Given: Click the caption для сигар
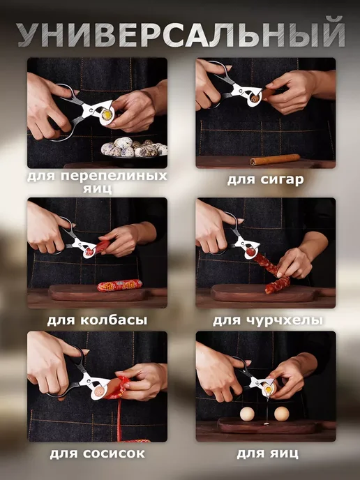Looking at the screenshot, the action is [x=265, y=179].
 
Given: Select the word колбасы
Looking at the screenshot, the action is [x=114, y=320].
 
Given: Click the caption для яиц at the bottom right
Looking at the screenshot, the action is [x=267, y=453].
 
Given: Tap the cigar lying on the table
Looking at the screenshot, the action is [x=275, y=160].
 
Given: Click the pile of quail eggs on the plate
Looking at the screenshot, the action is [x=134, y=147].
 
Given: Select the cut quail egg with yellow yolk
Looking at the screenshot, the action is [x=107, y=115].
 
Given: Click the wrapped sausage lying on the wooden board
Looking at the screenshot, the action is [x=120, y=285].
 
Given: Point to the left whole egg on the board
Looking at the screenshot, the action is [x=247, y=414].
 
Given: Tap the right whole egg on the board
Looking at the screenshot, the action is [x=282, y=414].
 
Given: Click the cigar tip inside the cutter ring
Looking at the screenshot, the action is [x=255, y=99].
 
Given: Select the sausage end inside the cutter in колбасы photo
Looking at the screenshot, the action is [x=89, y=252].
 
